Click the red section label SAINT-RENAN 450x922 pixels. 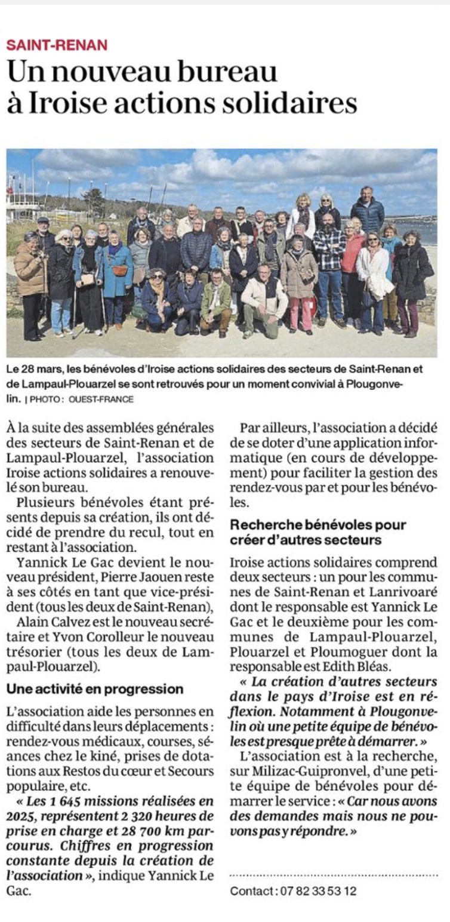[x=57, y=45]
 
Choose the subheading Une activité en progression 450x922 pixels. [x=95, y=689]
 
